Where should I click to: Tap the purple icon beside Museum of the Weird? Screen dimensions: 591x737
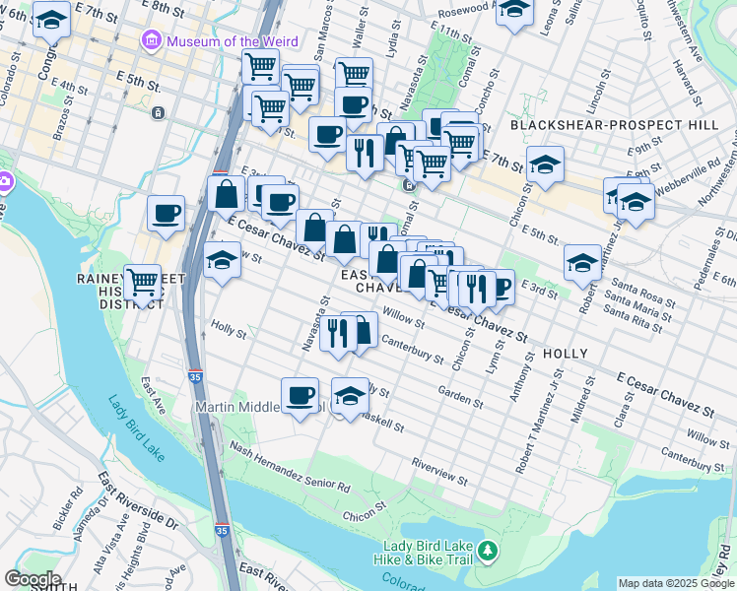[x=152, y=41]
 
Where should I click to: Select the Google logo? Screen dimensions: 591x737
[x=32, y=579]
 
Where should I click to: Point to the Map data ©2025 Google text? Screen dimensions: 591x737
[x=676, y=583]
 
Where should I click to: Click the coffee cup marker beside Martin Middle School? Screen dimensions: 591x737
[x=301, y=396]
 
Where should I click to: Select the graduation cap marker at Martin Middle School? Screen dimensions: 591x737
[x=349, y=396]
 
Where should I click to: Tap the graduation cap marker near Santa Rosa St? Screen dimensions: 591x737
[x=583, y=262]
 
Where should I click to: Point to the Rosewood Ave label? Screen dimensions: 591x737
[x=454, y=9]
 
